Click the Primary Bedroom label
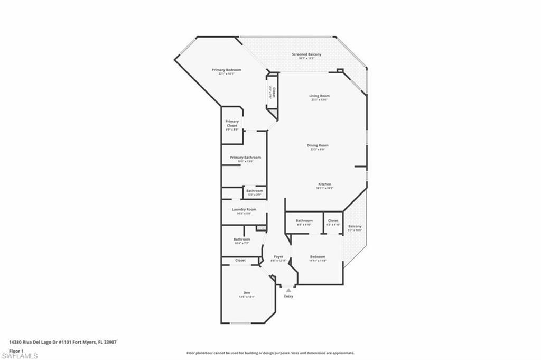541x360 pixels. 226,70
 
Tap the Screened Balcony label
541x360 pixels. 306,54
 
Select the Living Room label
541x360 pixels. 320,96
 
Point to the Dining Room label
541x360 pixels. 318,145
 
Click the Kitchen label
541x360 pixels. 324,184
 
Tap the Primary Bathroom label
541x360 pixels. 245,158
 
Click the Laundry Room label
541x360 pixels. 244,209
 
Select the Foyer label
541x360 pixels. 278,257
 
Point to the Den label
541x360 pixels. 247,293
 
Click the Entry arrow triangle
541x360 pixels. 288,290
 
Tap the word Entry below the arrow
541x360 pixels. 288,297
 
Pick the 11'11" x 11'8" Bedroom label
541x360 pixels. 318,257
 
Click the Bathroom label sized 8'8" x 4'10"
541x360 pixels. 304,221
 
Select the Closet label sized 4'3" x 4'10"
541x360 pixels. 333,221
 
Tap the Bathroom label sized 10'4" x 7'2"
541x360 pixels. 242,239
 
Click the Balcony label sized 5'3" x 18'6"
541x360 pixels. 355,227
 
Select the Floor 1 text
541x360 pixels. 16,350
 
